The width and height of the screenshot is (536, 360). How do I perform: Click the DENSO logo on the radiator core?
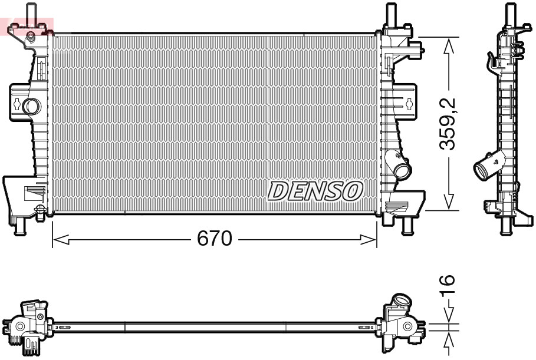pyautogui.click(x=315, y=190)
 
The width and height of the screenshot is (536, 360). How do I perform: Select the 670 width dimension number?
pyautogui.click(x=214, y=239)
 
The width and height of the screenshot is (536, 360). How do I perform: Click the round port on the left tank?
pyautogui.click(x=31, y=106)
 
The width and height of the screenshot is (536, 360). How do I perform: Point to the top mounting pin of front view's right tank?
pyautogui.click(x=390, y=13)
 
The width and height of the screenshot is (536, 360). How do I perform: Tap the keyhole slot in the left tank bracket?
pyautogui.click(x=18, y=105)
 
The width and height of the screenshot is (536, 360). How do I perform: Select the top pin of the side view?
pyautogui.click(x=508, y=13)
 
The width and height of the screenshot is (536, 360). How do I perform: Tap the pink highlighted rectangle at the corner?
pyautogui.click(x=28, y=27)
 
